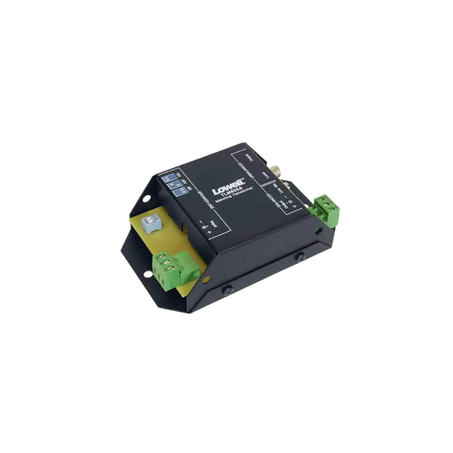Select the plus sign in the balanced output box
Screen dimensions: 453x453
click(294, 207)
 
